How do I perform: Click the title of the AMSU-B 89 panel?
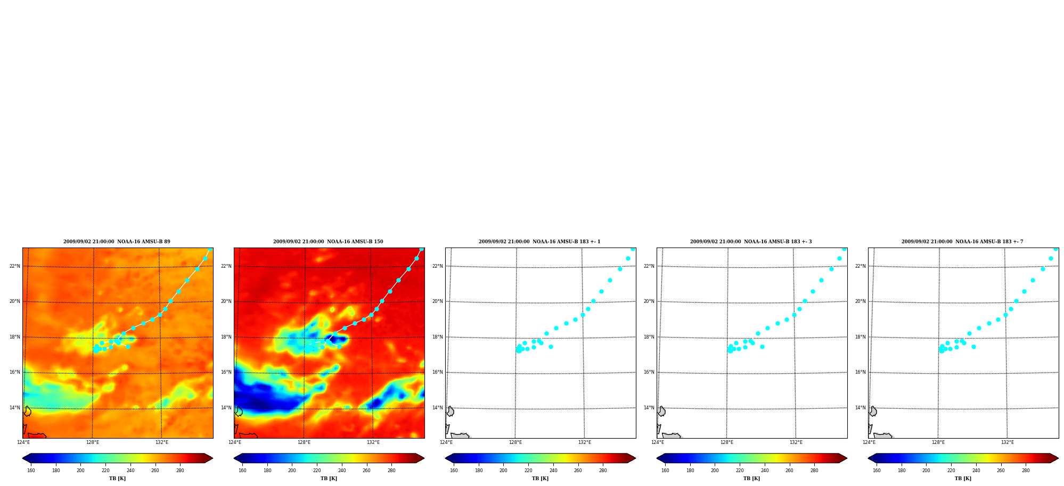[x=117, y=242]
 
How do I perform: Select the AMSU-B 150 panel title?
[x=328, y=242]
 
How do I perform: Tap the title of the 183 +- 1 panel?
[x=539, y=242]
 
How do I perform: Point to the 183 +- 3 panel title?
[x=751, y=242]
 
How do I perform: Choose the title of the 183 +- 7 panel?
[x=962, y=242]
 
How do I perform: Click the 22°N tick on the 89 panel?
[x=14, y=266]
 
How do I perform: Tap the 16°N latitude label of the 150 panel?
[x=226, y=372]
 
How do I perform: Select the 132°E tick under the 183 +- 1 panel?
[x=584, y=442]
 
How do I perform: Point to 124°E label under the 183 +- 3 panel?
[x=657, y=442]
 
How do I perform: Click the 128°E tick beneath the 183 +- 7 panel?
[x=938, y=442]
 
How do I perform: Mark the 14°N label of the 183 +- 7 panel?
[x=860, y=408]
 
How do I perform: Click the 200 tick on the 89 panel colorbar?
[x=80, y=470]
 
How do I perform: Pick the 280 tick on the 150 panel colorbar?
[x=391, y=470]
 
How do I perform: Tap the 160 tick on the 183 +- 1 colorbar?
[x=454, y=470]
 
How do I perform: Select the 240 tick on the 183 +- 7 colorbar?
[x=976, y=470]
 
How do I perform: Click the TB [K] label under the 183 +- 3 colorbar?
[x=751, y=478]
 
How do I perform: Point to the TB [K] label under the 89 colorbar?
[x=117, y=478]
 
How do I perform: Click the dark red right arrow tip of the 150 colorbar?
[x=424, y=458]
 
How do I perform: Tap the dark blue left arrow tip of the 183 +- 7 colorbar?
[x=869, y=458]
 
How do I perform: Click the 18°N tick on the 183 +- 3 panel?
[x=649, y=337]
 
